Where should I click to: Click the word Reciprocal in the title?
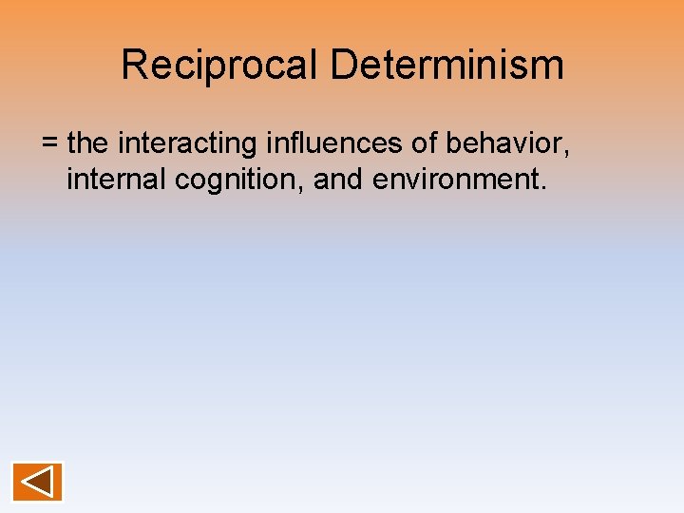point(220,66)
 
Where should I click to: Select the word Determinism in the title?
point(446,66)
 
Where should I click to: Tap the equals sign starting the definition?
point(50,144)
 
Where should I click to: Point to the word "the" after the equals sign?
point(88,143)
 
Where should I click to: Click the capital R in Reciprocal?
point(134,66)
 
